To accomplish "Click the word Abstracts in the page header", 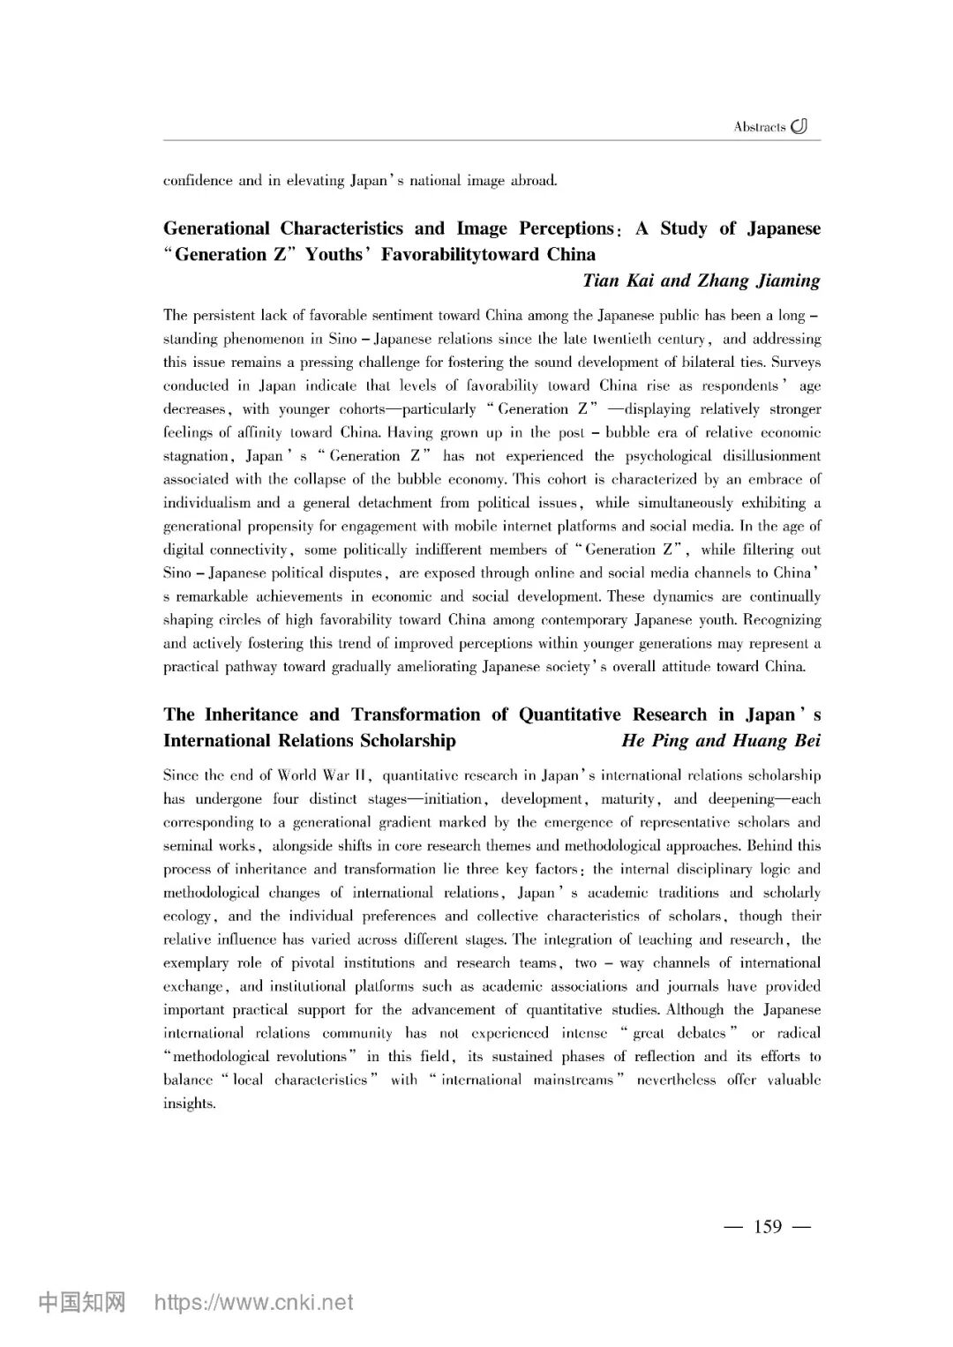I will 759,127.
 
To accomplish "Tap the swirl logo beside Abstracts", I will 799,126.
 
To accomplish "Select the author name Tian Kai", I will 618,281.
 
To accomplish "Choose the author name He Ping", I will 655,740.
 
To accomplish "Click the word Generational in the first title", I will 216,228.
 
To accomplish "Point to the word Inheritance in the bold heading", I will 251,715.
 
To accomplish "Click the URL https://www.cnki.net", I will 254,1303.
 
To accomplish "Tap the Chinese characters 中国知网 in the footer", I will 82,1303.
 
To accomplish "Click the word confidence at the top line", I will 198,181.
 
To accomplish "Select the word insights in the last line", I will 188,1104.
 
